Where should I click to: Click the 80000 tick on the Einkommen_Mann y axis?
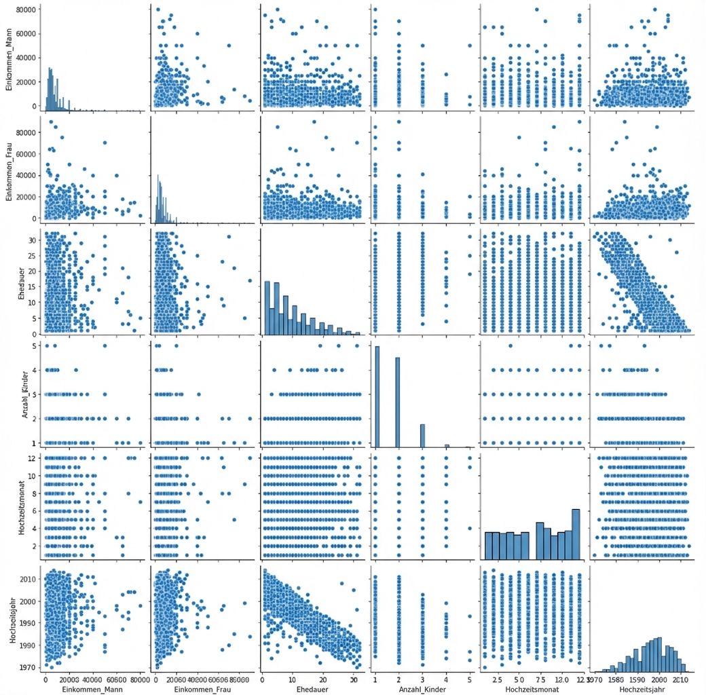click(x=26, y=10)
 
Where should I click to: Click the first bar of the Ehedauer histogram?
click(x=267, y=307)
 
